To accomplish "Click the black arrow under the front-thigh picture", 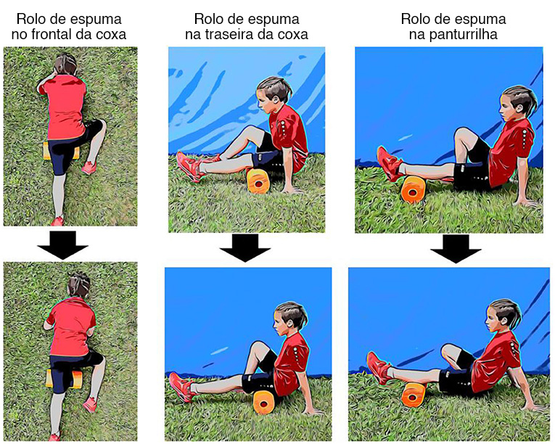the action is coord(63,244).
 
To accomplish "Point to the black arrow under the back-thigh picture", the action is coord(244,247).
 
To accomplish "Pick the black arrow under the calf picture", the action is coord(456,249).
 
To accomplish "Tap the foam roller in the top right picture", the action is coord(413,190).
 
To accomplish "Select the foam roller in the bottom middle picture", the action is coord(263,402).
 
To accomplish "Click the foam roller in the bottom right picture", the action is coord(414,395).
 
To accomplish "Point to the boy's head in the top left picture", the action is coord(65,65).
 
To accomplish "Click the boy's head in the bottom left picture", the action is coord(79,284).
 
